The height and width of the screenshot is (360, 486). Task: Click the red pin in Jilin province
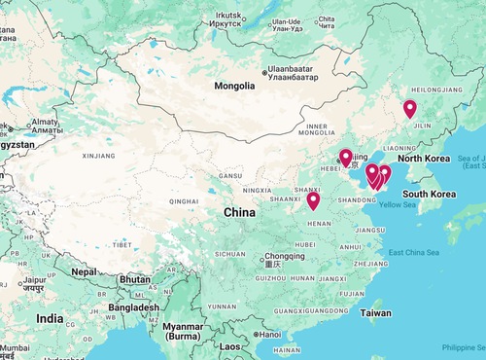tap(409, 108)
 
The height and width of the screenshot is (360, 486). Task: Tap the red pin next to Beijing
tap(345, 157)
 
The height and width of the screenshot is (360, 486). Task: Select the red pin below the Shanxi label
tap(313, 200)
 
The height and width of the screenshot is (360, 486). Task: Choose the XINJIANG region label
tap(98, 155)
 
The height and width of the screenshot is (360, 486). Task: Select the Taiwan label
tap(375, 313)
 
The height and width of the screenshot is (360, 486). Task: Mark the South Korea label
tap(430, 194)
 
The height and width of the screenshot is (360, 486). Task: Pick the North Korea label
tap(423, 159)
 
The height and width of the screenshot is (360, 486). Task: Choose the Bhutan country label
tap(134, 279)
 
